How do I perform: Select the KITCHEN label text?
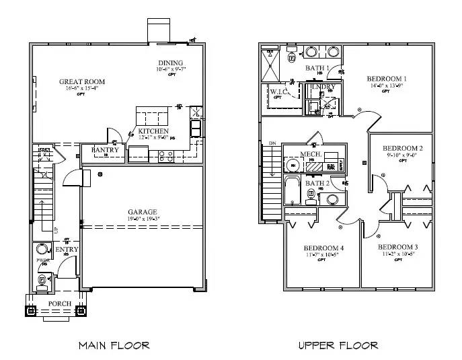click(153, 131)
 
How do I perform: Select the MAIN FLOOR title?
click(114, 345)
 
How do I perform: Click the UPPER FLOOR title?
click(338, 345)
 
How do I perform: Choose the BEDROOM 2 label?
click(402, 148)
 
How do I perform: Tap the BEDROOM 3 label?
click(398, 247)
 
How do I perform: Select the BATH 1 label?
click(317, 69)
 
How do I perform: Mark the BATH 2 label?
click(317, 182)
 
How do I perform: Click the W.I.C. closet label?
click(279, 91)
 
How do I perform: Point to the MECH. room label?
click(311, 154)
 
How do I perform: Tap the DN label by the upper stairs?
click(272, 143)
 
